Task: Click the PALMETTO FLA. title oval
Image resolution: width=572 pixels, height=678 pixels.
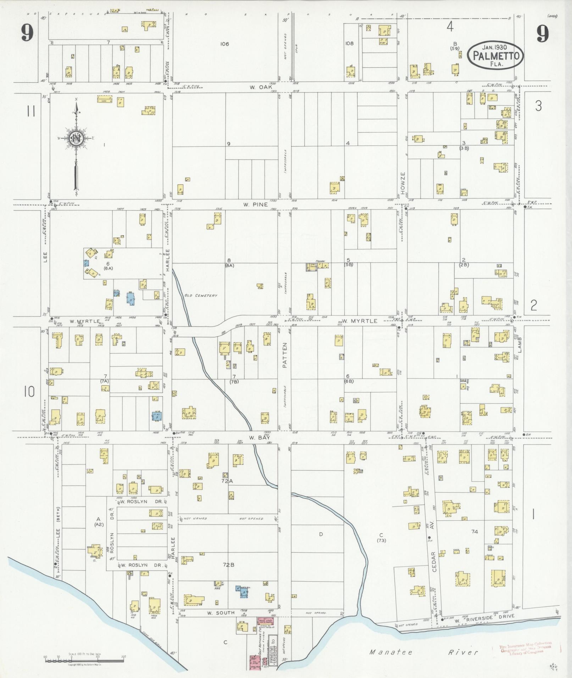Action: click(495, 55)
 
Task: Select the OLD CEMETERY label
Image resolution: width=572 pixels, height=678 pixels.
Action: click(200, 295)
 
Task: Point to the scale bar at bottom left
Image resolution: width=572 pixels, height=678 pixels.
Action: click(84, 657)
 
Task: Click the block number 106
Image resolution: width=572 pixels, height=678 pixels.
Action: click(224, 44)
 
